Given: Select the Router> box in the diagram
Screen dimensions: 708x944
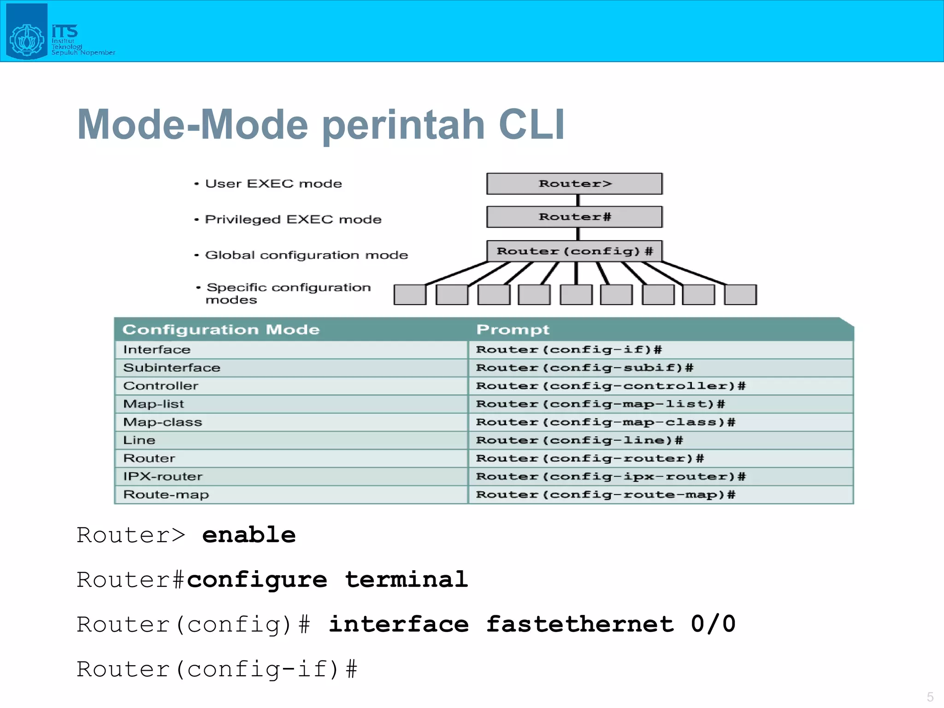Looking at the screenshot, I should click(574, 184).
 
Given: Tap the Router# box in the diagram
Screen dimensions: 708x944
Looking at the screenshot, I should click(574, 217).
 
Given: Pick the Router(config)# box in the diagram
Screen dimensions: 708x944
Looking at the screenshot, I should click(574, 251).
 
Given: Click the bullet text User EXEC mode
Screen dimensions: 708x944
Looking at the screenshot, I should click(273, 184).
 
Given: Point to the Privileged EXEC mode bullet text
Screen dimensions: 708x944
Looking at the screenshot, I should click(293, 219).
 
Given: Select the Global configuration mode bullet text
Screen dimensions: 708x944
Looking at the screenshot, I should click(306, 255).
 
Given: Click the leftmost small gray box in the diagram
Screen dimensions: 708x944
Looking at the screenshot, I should click(410, 295).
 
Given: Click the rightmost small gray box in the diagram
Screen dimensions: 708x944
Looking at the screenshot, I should click(740, 295).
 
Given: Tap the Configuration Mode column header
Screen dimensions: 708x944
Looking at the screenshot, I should click(221, 330).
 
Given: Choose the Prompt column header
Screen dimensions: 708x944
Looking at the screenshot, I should click(513, 330).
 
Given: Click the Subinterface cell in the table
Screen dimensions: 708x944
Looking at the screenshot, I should click(171, 368).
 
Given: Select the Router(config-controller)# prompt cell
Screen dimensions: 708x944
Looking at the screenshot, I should click(610, 386).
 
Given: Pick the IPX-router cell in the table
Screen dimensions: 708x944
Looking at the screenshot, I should click(163, 476).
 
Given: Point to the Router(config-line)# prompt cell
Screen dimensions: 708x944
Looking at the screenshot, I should click(579, 440).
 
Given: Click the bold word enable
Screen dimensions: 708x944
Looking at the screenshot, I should click(249, 535).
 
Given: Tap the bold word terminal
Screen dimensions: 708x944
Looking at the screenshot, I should click(407, 579).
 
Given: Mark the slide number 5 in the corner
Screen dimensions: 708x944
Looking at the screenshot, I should click(930, 696).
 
